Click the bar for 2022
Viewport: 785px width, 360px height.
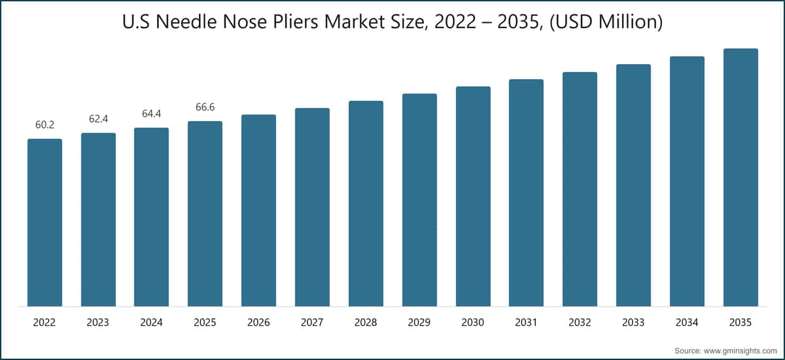45,223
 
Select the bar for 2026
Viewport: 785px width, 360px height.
258,210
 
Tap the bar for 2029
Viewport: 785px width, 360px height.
419,200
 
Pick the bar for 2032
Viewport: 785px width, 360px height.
580,189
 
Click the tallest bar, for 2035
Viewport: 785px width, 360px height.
741,177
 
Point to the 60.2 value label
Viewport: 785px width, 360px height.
45,125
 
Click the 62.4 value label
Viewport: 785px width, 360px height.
99,119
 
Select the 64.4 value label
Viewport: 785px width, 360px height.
151,114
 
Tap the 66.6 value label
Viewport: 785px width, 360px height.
205,107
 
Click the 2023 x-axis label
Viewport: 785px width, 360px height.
97,322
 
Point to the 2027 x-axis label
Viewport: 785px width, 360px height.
312,322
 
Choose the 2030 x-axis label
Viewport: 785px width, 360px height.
472,322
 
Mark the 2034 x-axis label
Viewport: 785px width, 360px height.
687,322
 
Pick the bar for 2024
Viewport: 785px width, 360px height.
151,217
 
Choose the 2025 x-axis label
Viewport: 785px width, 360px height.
205,322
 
